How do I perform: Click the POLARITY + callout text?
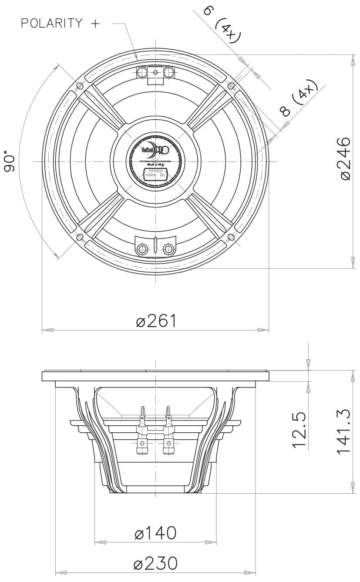coord(60,23)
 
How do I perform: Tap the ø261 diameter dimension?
coord(156,321)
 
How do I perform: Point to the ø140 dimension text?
coord(155,533)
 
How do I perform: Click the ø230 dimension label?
coord(156,563)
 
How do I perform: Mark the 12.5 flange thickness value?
coord(300,431)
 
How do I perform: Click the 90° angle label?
coord(10,161)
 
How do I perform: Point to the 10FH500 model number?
coord(155,171)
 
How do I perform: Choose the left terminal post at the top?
coord(142,72)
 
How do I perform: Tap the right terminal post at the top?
coord(168,72)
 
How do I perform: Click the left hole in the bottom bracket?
coord(142,249)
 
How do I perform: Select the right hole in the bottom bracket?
coord(169,249)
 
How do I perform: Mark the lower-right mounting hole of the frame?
coord(231,237)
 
